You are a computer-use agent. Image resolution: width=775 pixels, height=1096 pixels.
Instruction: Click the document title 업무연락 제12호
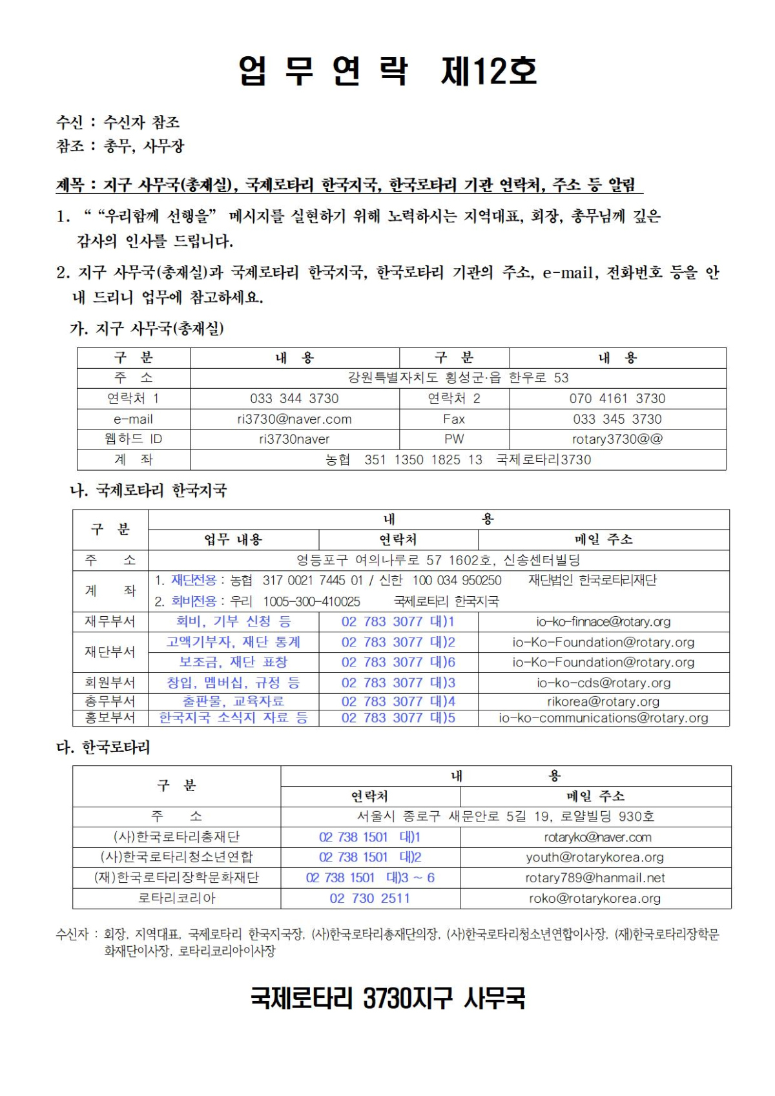point(387,70)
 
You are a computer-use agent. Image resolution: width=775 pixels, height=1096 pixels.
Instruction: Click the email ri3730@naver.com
point(294,419)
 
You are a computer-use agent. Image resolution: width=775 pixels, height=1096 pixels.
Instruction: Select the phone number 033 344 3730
point(294,398)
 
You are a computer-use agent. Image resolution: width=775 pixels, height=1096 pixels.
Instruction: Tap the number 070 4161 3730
point(617,398)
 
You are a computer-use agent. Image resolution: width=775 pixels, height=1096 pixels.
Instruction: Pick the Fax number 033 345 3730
point(617,419)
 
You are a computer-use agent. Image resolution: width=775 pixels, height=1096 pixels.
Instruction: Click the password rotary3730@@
point(617,439)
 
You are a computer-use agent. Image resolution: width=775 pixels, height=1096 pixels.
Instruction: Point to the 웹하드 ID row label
point(133,439)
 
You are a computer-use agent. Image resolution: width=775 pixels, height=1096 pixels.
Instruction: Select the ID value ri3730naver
point(294,439)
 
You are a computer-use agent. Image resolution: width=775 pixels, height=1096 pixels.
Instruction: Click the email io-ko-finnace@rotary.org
point(603,621)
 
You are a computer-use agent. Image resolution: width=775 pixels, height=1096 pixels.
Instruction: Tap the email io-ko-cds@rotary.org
point(603,683)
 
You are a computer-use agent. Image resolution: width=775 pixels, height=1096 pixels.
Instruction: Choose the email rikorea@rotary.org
point(603,701)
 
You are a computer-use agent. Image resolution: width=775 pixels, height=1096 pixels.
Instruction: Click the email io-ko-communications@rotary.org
point(603,718)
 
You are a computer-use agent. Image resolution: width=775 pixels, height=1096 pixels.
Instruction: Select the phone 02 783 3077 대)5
point(398,718)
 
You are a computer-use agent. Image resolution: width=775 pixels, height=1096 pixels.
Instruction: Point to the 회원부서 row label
point(110,683)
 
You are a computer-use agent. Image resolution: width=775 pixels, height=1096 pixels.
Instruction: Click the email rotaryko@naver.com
point(597,837)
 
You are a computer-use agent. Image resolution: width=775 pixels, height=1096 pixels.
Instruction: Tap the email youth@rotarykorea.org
point(595,857)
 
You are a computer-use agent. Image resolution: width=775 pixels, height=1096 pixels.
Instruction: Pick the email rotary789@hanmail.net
point(595,878)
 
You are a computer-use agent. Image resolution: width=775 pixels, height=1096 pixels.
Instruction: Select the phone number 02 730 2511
point(369,898)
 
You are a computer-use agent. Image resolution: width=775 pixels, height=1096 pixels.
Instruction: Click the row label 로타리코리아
point(176,898)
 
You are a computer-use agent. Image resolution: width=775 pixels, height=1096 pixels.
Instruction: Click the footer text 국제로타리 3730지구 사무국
point(387,998)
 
